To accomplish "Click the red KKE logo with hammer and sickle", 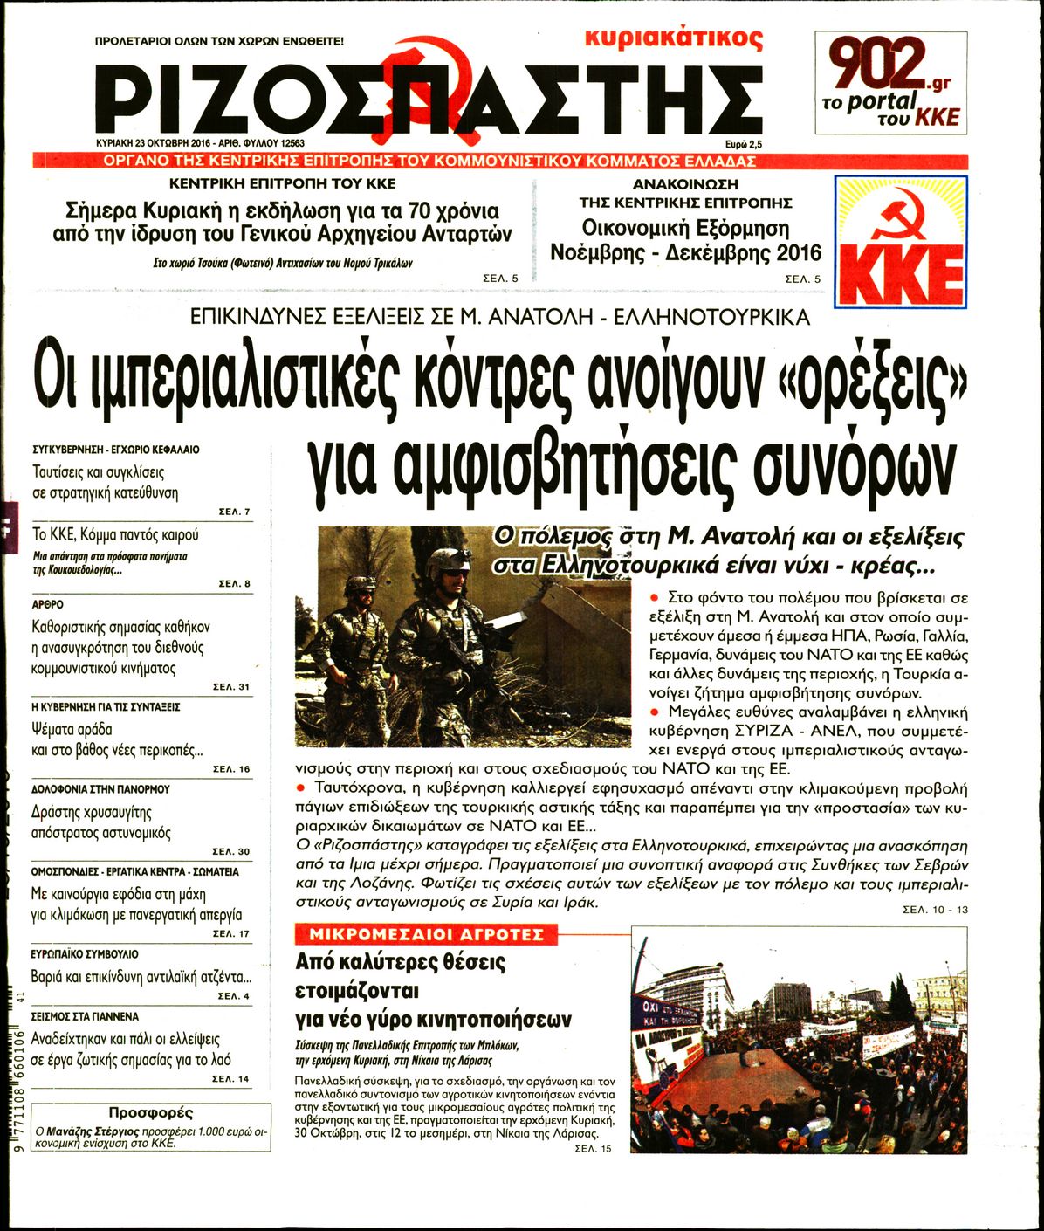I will (x=900, y=242).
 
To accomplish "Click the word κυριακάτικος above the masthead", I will (x=674, y=38).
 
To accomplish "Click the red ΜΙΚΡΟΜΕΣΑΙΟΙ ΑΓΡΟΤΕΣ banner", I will (x=426, y=935).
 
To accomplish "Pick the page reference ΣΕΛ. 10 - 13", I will (x=936, y=911).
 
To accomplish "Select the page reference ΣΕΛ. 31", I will (x=231, y=687).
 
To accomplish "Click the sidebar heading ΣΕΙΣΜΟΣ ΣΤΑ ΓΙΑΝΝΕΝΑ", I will (x=85, y=1017).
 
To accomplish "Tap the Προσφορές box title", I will (x=150, y=1113).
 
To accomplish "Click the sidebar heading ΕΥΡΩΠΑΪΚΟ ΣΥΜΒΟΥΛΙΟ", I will (x=85, y=954).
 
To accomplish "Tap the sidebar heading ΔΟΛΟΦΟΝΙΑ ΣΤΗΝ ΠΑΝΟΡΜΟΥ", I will (x=100, y=788).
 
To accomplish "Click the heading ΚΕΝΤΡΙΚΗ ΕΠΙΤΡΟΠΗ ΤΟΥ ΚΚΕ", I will (x=282, y=184).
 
